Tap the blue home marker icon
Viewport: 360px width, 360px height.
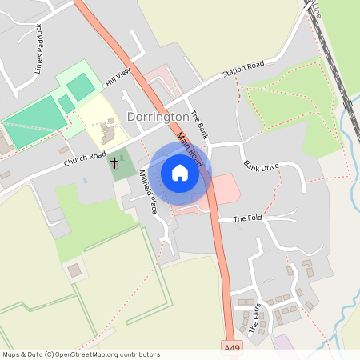[x=180, y=173]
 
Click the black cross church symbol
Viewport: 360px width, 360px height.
[x=114, y=163]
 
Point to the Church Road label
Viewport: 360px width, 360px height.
[x=86, y=160]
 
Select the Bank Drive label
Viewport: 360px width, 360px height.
[x=262, y=166]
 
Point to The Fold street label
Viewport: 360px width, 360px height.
[x=247, y=218]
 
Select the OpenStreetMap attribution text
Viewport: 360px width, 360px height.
[x=80, y=354]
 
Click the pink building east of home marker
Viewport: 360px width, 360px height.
[x=224, y=189]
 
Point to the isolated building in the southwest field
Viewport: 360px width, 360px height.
[x=74, y=270]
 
